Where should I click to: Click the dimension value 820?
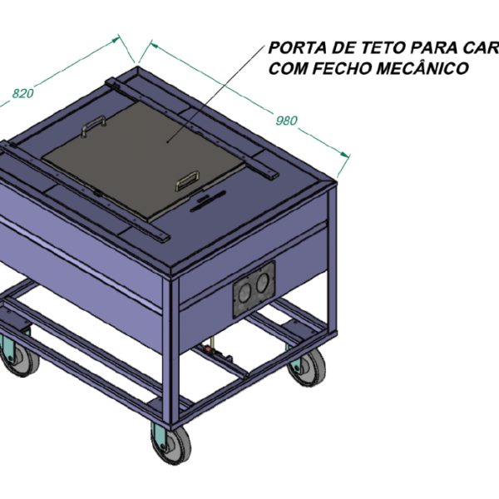(23, 93)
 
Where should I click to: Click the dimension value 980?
(286, 121)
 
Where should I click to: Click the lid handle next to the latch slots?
(188, 180)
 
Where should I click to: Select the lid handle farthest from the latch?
(93, 125)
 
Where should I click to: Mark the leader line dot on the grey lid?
(168, 141)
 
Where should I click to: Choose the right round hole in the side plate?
(263, 283)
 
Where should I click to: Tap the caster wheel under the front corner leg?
(173, 444)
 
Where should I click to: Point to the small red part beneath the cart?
(210, 350)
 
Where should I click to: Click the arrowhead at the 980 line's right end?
(344, 155)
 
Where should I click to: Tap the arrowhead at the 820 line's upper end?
(115, 40)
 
